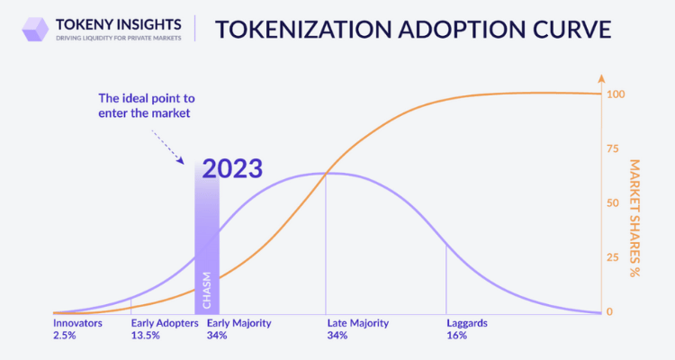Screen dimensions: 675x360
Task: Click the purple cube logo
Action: tap(35, 30)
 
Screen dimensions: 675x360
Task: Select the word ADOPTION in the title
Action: tap(455, 30)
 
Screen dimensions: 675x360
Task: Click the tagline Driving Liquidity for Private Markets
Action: tap(119, 39)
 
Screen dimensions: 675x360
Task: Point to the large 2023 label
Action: tap(232, 168)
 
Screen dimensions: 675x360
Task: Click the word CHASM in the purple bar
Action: tap(207, 290)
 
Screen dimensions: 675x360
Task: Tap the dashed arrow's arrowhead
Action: tap(181, 160)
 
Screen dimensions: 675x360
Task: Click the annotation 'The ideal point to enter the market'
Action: tap(147, 105)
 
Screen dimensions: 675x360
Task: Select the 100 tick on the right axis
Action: tap(616, 94)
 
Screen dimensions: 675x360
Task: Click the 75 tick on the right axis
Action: tap(613, 149)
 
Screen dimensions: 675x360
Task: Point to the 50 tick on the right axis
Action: tap(613, 203)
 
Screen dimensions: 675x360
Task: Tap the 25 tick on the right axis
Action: tap(613, 257)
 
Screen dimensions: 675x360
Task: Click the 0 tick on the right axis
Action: tap(609, 311)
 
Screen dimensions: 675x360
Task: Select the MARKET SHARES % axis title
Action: tap(635, 219)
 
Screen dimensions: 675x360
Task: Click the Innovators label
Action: tap(78, 323)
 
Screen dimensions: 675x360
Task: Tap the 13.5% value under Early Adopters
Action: tap(146, 336)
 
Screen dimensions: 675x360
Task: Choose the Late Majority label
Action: tap(357, 323)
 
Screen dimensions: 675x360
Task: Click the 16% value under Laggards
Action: tap(456, 336)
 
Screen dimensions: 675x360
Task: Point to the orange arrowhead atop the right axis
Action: tap(601, 78)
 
